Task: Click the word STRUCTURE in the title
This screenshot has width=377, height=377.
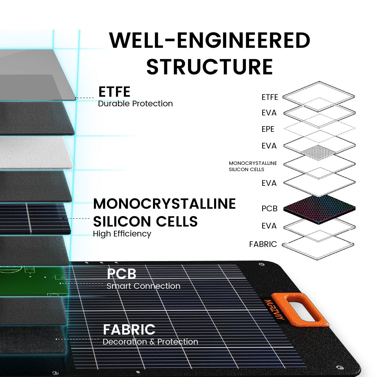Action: click(x=209, y=67)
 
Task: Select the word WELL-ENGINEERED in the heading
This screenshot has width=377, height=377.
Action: click(x=210, y=40)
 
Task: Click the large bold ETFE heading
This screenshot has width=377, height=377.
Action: click(x=114, y=92)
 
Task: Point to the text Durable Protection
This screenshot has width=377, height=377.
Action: click(x=135, y=104)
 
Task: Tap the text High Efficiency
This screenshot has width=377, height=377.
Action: click(x=122, y=234)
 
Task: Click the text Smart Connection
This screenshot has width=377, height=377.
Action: click(x=143, y=286)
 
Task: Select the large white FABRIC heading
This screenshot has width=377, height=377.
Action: click(x=129, y=330)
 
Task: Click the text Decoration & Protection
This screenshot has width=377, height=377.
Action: click(x=150, y=342)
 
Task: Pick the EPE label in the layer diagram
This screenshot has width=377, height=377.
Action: click(x=268, y=129)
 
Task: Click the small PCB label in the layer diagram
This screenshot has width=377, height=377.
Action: click(x=269, y=209)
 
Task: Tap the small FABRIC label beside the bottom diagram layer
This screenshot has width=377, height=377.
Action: click(x=263, y=244)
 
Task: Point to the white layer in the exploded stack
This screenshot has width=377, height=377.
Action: click(x=34, y=153)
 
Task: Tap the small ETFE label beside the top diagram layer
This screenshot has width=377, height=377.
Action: click(x=270, y=97)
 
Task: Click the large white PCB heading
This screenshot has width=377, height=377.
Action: click(x=122, y=274)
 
